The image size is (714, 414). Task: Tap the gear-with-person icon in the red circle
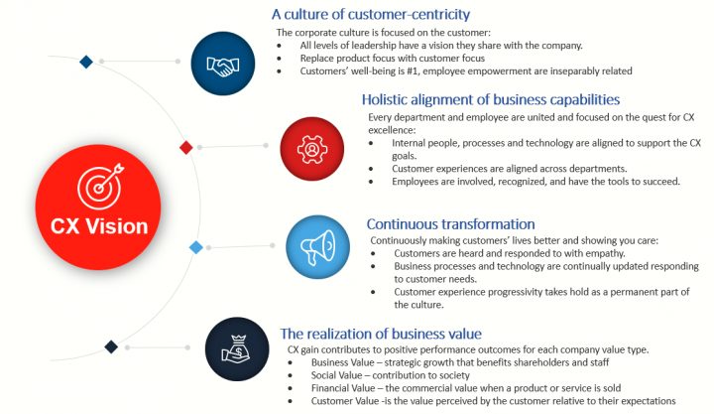click(x=312, y=149)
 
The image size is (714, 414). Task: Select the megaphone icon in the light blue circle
click(x=318, y=247)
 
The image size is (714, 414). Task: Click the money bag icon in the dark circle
click(x=237, y=349)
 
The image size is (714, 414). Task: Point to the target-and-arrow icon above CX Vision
click(x=100, y=186)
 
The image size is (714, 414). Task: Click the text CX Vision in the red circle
click(x=99, y=226)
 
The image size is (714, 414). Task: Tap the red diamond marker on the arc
click(x=185, y=147)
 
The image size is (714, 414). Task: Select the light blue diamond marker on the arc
click(x=195, y=247)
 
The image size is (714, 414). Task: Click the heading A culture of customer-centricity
click(x=371, y=14)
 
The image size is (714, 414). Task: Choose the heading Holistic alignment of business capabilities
click(x=491, y=99)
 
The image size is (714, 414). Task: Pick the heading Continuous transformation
click(x=451, y=223)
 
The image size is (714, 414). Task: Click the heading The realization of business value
click(x=381, y=334)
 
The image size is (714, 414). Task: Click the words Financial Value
click(x=343, y=388)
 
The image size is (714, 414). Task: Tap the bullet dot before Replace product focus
click(x=279, y=59)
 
